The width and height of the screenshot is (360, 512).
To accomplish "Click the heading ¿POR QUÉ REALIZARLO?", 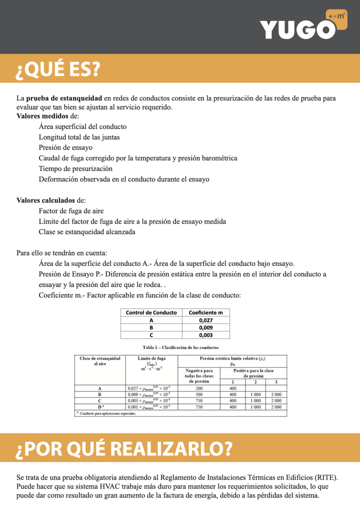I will click(x=124, y=448).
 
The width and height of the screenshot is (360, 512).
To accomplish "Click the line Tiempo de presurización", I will click(x=75, y=168).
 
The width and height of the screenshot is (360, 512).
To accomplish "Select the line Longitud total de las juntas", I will click(x=79, y=137).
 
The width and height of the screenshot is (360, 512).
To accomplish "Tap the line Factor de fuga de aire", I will click(x=71, y=211).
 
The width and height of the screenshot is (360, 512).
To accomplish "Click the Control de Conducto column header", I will click(x=151, y=312).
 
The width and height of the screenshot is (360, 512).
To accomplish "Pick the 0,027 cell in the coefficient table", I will click(x=206, y=320).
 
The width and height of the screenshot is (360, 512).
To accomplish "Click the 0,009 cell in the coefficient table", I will click(x=206, y=327).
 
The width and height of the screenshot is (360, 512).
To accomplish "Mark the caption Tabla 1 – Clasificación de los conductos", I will click(x=180, y=347).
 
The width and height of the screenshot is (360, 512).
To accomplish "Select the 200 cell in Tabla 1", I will click(x=199, y=388).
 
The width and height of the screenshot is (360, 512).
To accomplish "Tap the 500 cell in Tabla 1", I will click(x=199, y=394).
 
